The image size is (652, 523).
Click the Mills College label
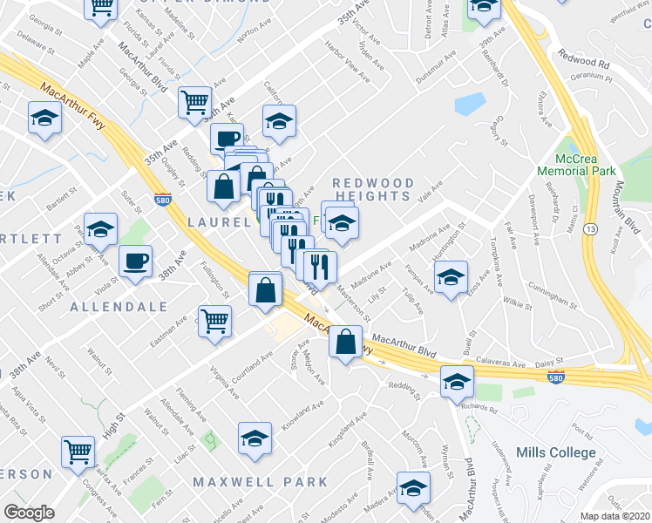567,452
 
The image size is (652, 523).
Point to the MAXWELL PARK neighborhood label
260,481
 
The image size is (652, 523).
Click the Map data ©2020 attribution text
615,516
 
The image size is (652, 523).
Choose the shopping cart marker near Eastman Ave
214,320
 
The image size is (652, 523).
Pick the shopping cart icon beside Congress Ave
78,452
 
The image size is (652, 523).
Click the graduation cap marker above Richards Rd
456,381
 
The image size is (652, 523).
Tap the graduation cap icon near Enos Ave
450,279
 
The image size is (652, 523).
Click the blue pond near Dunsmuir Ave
468,104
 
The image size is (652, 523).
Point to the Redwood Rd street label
585,64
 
